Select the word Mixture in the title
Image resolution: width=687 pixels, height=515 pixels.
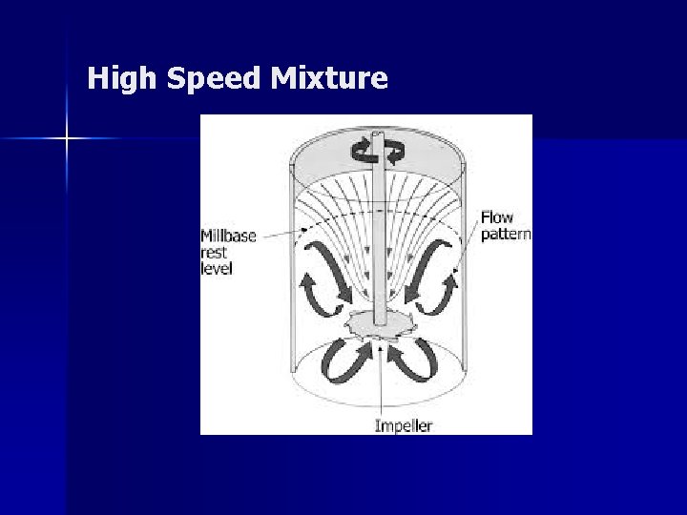click(329, 78)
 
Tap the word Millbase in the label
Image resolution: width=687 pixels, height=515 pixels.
click(229, 236)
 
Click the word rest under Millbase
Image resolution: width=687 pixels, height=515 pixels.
click(213, 253)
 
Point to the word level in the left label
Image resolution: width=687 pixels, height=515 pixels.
click(217, 269)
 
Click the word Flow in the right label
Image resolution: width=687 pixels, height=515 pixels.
click(496, 217)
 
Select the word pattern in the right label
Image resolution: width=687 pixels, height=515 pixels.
click(506, 235)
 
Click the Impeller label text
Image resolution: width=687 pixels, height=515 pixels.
click(403, 424)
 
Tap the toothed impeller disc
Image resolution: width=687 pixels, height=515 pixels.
click(380, 325)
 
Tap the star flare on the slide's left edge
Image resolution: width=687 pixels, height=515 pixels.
click(67, 139)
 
